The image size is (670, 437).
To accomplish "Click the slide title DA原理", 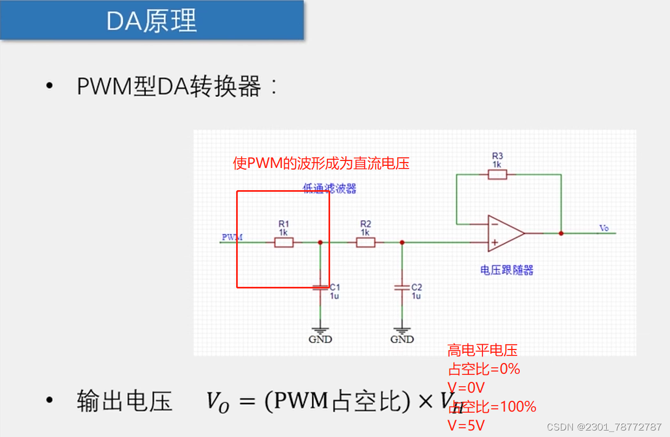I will pos(151,21).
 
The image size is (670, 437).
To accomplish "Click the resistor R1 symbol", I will pos(284,243).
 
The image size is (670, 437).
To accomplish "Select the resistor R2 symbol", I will pos(365,243).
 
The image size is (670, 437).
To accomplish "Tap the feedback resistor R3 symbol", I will pos(497,174).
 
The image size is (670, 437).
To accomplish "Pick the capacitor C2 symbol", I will pos(401,287).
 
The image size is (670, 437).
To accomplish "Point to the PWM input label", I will pos(232,237).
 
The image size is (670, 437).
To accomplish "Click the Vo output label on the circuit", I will pos(604,228).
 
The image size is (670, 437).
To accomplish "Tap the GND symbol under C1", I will pos(320,331).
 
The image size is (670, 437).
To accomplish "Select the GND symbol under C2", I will pos(401,331).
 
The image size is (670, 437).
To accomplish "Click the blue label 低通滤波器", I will pos(329,189).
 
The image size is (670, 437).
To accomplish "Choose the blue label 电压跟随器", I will pos(506,270).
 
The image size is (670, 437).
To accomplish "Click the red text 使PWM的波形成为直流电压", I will pos(321,163).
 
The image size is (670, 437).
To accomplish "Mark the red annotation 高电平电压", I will pos(482,351).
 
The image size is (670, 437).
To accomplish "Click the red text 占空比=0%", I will pos(484,369).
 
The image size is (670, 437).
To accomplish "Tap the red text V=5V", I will pos(466,426).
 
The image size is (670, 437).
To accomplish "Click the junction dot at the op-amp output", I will pos(561,233).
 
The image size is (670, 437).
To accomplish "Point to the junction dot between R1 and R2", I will pos(320,243).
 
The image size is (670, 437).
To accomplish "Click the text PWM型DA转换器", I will pos(169,86).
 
